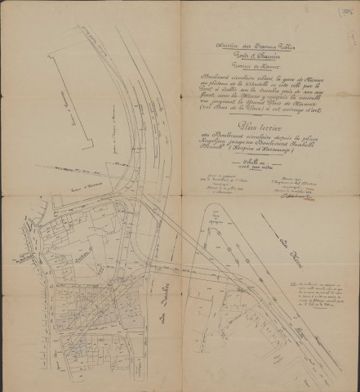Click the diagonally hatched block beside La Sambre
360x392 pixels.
[x=104, y=310]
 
